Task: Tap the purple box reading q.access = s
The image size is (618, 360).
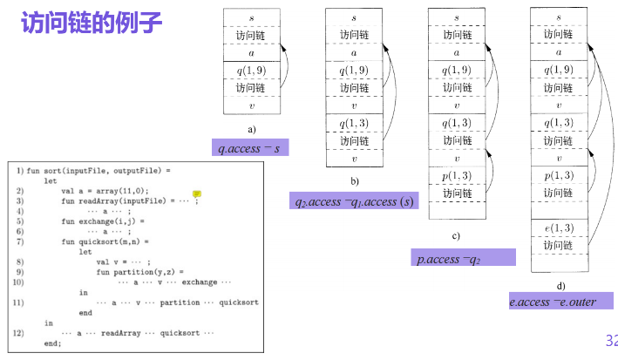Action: pyautogui.click(x=250, y=148)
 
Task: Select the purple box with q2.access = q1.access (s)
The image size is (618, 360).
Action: pyautogui.click(x=355, y=202)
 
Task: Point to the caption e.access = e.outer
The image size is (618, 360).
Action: pyautogui.click(x=553, y=302)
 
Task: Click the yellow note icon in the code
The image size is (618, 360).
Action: pyautogui.click(x=197, y=194)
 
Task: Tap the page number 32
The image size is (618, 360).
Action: pyautogui.click(x=609, y=340)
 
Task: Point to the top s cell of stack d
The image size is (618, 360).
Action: pyautogui.click(x=558, y=17)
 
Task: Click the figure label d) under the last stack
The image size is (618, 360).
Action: pyautogui.click(x=560, y=285)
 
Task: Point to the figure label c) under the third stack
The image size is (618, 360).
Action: pyautogui.click(x=456, y=236)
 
